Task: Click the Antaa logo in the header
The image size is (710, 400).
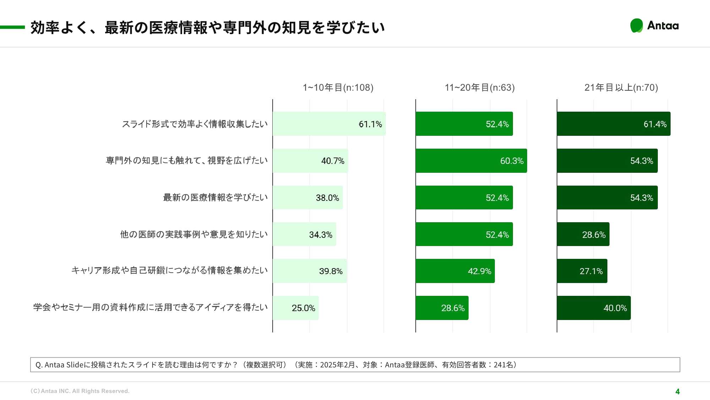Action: pyautogui.click(x=654, y=26)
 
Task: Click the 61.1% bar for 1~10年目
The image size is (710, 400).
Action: pyautogui.click(x=329, y=124)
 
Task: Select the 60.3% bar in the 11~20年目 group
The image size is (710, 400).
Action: pyautogui.click(x=471, y=161)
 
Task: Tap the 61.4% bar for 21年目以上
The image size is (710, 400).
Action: pyautogui.click(x=613, y=124)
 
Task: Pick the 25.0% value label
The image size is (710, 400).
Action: pyautogui.click(x=303, y=308)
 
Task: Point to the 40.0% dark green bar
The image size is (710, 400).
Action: pyautogui.click(x=594, y=308)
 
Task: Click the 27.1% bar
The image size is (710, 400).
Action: pyautogui.click(x=582, y=271)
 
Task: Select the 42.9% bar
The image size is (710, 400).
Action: pyautogui.click(x=455, y=271)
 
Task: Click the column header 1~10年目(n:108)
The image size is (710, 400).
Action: pyautogui.click(x=338, y=87)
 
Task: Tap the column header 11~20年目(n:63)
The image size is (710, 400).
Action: pyautogui.click(x=480, y=87)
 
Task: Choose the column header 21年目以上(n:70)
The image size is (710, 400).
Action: pyautogui.click(x=621, y=87)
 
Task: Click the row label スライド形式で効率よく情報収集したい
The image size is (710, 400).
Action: pyautogui.click(x=195, y=124)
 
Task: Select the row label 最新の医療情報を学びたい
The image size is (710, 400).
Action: pyautogui.click(x=215, y=197)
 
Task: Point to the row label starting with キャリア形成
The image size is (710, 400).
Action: pyautogui.click(x=169, y=271)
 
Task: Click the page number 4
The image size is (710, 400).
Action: pyautogui.click(x=677, y=391)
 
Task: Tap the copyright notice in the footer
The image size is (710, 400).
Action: pyautogui.click(x=80, y=391)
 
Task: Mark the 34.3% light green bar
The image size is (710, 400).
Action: pyautogui.click(x=304, y=234)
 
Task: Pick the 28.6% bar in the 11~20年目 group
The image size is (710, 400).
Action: pyautogui.click(x=442, y=308)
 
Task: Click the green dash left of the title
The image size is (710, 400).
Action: pyautogui.click(x=12, y=27)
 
